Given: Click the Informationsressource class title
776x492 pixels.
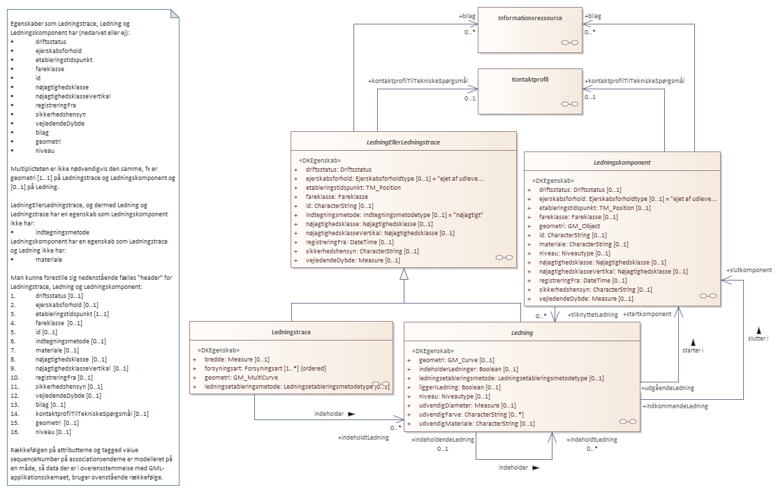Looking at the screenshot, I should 529,17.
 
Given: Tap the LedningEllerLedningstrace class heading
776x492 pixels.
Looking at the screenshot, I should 404,142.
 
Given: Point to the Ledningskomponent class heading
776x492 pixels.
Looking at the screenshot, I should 622,162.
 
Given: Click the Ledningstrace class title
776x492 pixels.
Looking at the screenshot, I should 291,331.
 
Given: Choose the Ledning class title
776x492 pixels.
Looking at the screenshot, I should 522,333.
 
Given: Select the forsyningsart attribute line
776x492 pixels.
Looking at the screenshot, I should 265,368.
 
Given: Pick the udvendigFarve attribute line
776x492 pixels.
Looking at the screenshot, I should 466,414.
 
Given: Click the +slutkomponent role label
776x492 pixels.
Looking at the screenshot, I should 748,270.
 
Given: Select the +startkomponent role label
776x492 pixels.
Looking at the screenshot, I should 646,314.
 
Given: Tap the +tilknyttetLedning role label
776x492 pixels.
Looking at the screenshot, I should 593,315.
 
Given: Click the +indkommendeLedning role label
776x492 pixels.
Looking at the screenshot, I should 675,405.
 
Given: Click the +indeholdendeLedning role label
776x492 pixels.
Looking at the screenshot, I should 444,440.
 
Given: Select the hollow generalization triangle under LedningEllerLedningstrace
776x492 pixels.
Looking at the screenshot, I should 404,274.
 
